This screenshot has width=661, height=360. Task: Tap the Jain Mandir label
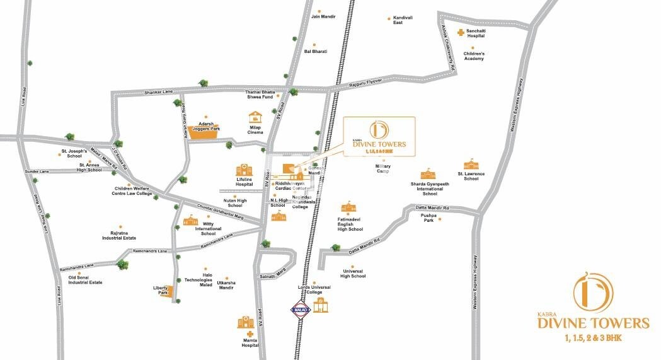[323, 17]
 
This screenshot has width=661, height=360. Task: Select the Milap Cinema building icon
[255, 118]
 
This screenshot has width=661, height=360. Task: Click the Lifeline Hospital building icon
[244, 170]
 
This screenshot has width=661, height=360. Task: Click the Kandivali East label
[406, 21]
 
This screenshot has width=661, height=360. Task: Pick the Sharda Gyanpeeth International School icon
[428, 174]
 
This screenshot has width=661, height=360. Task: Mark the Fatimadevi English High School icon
[347, 208]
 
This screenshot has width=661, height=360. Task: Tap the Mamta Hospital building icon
[246, 323]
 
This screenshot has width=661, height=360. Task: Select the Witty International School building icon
[190, 221]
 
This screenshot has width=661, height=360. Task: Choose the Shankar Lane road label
[158, 92]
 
